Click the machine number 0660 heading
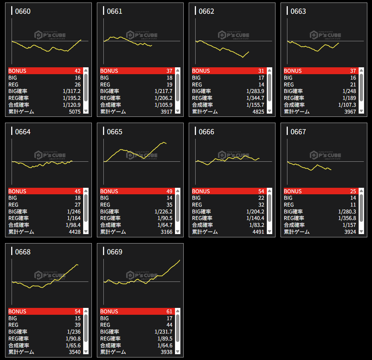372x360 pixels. click(23, 11)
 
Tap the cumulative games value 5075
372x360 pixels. click(74, 111)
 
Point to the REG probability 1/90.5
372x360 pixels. click(164, 218)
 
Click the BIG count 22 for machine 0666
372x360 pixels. click(261, 198)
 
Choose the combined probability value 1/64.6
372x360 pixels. click(164, 345)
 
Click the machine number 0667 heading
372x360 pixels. click(298, 132)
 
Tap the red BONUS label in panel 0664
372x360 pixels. click(17, 191)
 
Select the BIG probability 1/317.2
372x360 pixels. click(72, 91)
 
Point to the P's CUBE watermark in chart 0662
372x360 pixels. click(234, 35)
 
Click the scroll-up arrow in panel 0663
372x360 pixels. click(361, 71)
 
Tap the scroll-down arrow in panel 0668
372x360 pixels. click(86, 352)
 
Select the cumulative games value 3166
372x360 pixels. click(166, 232)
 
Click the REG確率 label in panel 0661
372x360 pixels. click(110, 98)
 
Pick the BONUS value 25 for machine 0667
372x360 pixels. click(353, 191)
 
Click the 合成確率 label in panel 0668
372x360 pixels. click(19, 345)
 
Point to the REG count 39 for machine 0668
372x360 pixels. click(77, 325)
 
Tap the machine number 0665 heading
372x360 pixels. click(115, 132)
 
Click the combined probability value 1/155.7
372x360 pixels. click(255, 105)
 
